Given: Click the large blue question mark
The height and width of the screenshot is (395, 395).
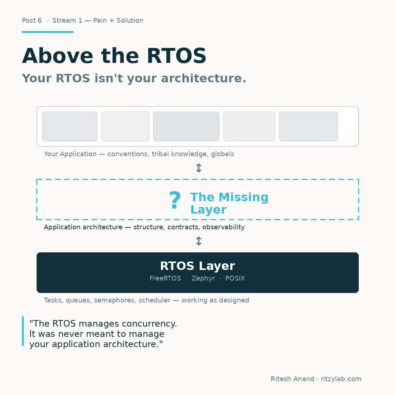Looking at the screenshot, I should pos(175,201).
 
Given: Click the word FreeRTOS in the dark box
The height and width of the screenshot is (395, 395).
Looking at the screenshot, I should pos(165,278).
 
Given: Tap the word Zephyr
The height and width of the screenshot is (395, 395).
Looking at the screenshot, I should pos(203,278).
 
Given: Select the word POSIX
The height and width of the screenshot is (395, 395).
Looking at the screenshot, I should pos(235,278).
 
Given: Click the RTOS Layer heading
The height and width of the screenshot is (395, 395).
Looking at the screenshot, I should pos(197,266).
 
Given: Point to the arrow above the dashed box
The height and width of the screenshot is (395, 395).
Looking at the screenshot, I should pos(199,168).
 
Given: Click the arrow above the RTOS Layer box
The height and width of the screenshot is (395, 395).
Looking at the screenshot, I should pos(199,241).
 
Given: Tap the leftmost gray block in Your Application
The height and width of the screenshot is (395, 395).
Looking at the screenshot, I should pos(69,126).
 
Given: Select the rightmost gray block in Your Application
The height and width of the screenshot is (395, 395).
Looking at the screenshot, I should pos(308,126).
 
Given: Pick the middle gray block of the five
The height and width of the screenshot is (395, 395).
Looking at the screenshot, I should pos(186,126).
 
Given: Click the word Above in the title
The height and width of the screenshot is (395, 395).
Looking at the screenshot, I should pos(57,56).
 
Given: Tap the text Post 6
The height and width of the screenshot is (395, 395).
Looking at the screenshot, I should pos(32,20).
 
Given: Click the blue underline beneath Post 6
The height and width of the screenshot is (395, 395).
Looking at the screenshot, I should pos(48,32).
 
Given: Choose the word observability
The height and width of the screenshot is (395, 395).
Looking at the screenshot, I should pos(223,227).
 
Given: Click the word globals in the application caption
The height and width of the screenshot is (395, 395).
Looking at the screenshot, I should pos(222,154).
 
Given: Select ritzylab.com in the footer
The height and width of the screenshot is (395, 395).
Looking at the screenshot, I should pos(341,379).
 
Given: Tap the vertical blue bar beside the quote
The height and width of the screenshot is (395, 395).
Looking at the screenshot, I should pos(23,331).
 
